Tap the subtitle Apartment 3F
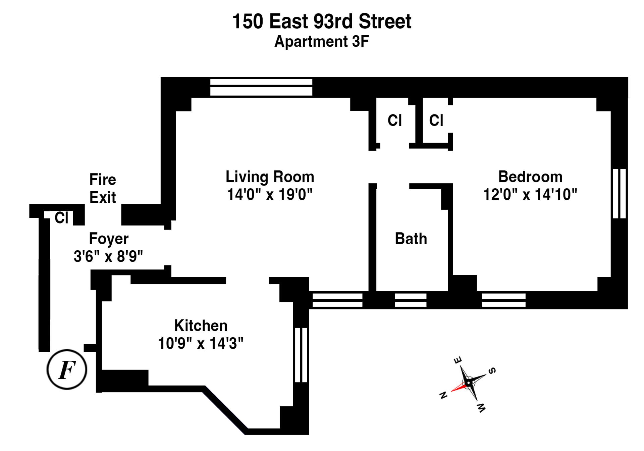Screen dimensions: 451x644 tap(321, 42)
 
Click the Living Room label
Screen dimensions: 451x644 tap(270, 177)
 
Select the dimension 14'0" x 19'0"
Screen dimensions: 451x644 tap(270, 194)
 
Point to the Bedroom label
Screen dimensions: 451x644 tap(530, 177)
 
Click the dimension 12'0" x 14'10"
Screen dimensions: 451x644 tap(530, 194)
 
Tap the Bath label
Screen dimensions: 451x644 tap(411, 239)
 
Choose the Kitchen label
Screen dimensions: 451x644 tap(201, 325)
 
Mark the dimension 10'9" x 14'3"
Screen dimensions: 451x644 tap(201, 343)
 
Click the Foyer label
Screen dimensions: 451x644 tap(109, 239)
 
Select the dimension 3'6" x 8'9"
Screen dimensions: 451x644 tap(108, 257)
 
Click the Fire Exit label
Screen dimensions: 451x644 tap(103, 188)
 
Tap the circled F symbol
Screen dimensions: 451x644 tap(67, 369)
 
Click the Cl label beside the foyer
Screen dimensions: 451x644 tap(61, 218)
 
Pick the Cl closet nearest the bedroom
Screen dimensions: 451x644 tap(436, 120)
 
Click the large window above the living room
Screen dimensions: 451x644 tap(261, 87)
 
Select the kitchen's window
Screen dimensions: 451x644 tap(301, 355)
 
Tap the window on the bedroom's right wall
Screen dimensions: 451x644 tap(619, 194)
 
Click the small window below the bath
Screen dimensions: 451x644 tap(411, 300)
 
